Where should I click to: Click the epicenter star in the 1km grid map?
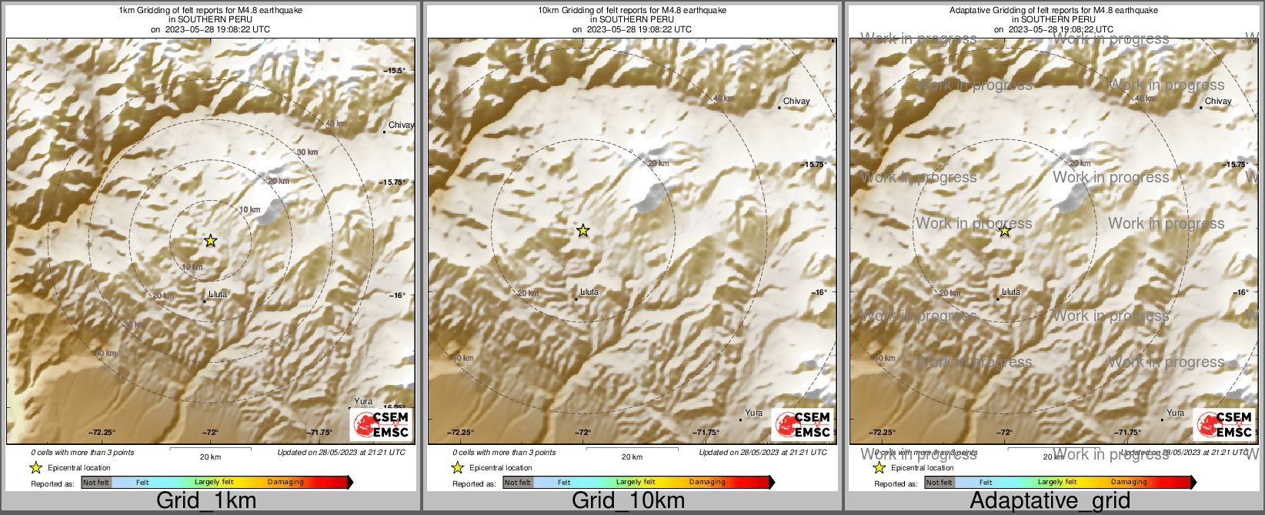(211, 241)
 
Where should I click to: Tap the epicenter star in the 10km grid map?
(583, 230)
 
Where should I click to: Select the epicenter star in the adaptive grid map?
(1005, 230)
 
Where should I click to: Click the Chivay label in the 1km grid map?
(401, 125)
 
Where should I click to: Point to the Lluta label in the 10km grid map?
(589, 293)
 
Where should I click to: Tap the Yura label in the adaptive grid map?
(1175, 413)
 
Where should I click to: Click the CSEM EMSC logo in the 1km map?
(381, 424)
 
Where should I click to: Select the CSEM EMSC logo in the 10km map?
(803, 424)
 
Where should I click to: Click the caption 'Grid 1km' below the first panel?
(205, 500)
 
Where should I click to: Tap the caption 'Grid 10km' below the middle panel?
(628, 500)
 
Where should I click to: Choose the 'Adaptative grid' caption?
(1050, 500)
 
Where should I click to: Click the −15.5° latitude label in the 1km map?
(395, 71)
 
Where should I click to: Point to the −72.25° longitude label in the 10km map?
(461, 433)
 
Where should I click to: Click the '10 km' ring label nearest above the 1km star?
(249, 209)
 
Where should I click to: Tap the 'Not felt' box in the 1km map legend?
(96, 483)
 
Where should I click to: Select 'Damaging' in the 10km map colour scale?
(707, 483)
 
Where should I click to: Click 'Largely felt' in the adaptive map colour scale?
(1057, 483)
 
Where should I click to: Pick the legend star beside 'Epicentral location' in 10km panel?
(457, 467)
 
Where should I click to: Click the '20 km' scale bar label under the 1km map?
(210, 456)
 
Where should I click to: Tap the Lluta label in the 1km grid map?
(218, 294)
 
